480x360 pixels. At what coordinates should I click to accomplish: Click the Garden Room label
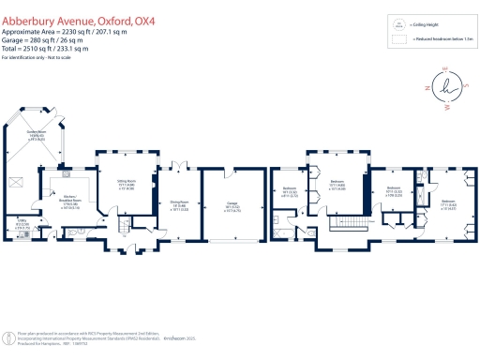click(37, 134)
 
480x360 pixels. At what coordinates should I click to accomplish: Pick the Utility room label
click(23, 224)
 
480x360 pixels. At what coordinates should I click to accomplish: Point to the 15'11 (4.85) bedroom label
click(337, 187)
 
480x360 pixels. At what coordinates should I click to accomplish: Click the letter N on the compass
click(426, 89)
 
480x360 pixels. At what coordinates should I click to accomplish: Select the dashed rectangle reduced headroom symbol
click(398, 40)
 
